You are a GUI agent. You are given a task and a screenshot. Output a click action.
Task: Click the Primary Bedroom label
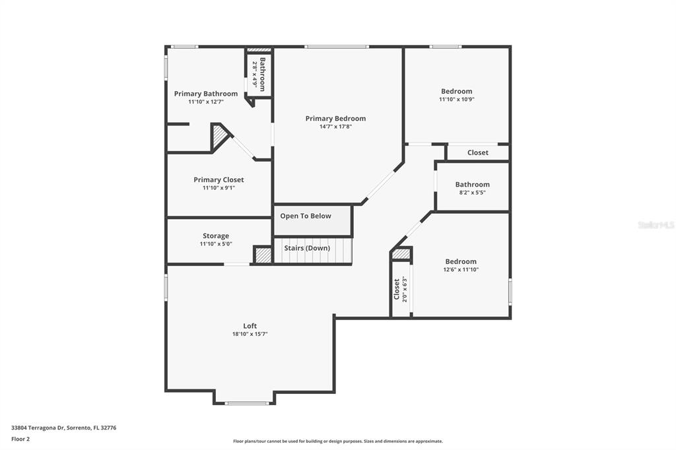pos(335,119)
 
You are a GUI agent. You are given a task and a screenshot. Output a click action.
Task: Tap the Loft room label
pos(250,326)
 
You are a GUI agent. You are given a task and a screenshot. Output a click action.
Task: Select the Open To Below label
pos(306,216)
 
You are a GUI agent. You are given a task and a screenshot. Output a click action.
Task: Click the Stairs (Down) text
pos(307,248)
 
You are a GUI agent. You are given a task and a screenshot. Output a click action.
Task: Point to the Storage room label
pos(216,236)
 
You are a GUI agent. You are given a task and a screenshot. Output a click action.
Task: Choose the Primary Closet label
pos(219,179)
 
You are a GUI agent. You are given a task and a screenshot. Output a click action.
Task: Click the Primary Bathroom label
pos(206,94)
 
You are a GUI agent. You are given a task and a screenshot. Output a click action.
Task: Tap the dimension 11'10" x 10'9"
pos(457,99)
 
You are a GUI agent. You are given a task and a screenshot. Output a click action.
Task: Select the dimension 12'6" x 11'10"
pos(461,269)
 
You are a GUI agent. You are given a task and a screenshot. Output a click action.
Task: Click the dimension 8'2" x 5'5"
pos(473,192)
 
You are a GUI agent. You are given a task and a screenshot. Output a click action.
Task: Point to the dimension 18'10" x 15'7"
pos(250,334)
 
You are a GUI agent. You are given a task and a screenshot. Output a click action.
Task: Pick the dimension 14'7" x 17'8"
pos(335,126)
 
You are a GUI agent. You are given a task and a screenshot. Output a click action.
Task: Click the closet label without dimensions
pos(478,152)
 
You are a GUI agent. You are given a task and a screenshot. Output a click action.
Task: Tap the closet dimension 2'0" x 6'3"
pos(405,289)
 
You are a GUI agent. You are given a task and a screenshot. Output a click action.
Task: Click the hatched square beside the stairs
pos(263,255)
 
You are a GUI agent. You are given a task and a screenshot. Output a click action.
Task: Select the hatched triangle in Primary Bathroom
pos(219,137)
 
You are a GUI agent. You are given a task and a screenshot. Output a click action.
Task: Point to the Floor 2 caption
pos(20,439)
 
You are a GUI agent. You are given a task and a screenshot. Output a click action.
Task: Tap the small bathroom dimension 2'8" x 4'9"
pos(255,75)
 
